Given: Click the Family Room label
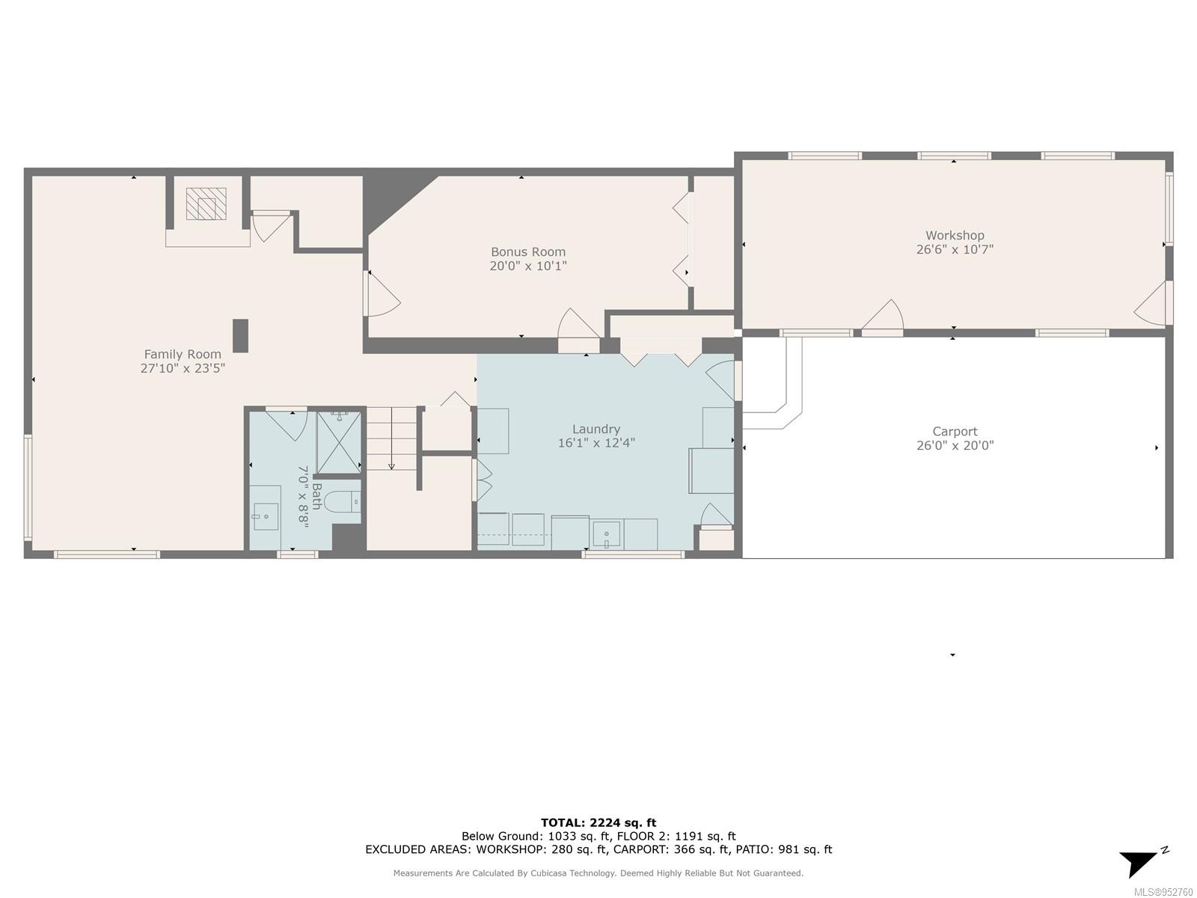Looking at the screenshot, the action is [182, 355].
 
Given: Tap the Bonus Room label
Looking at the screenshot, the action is [528, 252].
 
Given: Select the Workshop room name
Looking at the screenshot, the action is [955, 236].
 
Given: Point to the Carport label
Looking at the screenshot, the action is [955, 431].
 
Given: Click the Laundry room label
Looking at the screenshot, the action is [596, 429].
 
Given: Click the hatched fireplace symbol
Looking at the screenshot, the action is [206, 204].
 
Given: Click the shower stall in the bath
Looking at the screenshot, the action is [339, 443].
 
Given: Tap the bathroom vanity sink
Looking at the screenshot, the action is [266, 516].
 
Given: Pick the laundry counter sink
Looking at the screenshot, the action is [607, 534].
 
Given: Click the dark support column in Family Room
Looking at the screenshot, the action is [240, 336].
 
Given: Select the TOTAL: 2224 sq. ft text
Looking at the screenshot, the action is [598, 822].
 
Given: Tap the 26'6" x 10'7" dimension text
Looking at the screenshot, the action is [955, 249].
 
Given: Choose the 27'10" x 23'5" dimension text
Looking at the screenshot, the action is [183, 368].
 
